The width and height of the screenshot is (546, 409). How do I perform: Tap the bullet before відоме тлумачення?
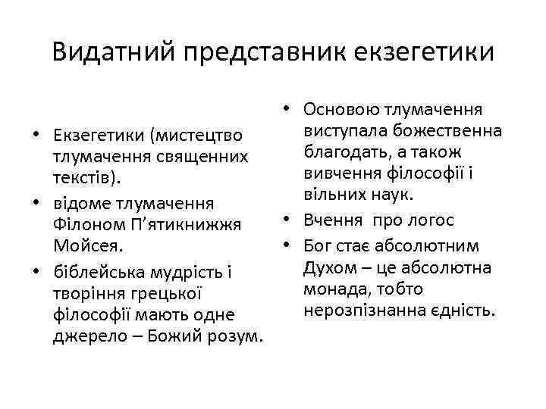pyautogui.click(x=36, y=204)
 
